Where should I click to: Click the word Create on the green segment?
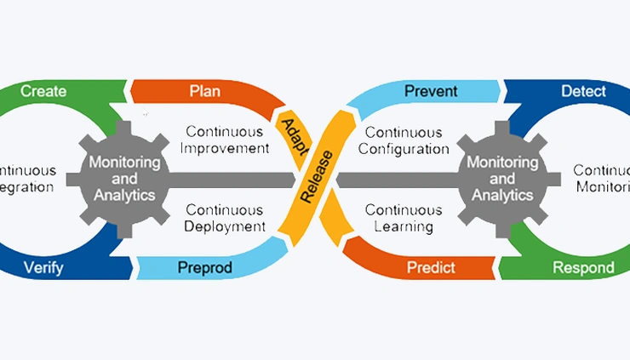click(43, 91)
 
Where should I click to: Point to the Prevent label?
click(431, 91)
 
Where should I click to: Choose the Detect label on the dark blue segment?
click(584, 90)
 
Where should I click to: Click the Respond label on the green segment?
click(583, 268)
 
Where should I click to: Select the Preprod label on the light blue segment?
click(204, 268)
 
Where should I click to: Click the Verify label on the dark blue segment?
click(43, 268)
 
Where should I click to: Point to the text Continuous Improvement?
click(227, 140)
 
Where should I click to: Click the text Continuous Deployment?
click(226, 218)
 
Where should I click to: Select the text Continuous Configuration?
click(404, 140)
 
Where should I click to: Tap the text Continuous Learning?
click(404, 218)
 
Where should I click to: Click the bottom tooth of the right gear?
click(502, 229)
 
